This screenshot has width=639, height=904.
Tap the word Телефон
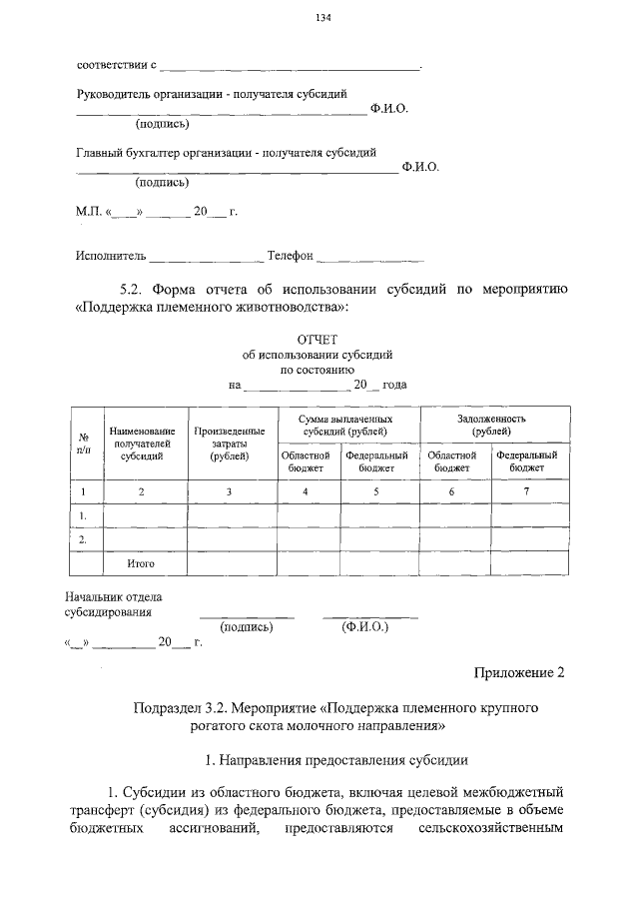coord(290,256)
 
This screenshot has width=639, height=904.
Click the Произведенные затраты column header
coord(229,443)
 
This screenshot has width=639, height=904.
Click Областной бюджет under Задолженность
coord(452,460)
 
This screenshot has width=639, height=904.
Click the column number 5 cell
coord(376,491)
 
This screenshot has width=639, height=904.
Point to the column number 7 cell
coord(526,491)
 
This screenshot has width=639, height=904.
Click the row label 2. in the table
coord(84,539)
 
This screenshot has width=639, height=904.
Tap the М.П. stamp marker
coord(89,212)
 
